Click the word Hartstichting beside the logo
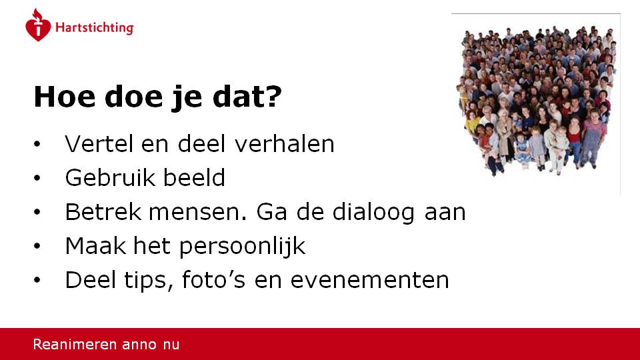click(x=94, y=28)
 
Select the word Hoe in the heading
click(x=65, y=97)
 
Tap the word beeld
click(x=194, y=177)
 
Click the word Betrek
click(x=103, y=212)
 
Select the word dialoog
click(x=373, y=213)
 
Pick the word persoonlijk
click(x=242, y=247)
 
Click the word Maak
click(x=95, y=246)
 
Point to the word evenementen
click(x=370, y=281)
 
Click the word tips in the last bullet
click(x=145, y=281)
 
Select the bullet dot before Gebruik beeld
click(x=37, y=178)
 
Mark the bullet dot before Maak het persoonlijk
click(x=37, y=246)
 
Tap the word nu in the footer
click(x=171, y=345)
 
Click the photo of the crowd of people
click(x=536, y=100)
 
